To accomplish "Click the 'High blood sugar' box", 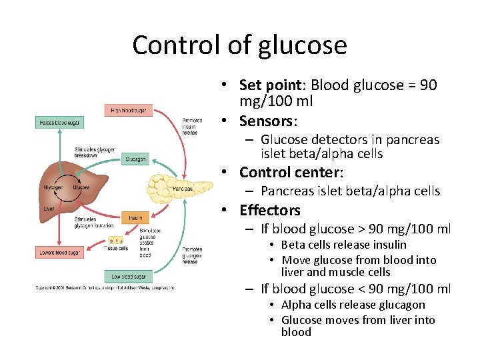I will [128, 110].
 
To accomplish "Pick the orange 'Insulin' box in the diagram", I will [135, 217].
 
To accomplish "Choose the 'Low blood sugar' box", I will [127, 276].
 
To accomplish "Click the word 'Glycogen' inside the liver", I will [53, 188].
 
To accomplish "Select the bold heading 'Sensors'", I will [267, 121].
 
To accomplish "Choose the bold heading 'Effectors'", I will [270, 210].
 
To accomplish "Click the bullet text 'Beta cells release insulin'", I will [343, 245].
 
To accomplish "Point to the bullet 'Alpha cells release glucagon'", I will [353, 305].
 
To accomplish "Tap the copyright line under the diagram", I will [105, 288].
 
